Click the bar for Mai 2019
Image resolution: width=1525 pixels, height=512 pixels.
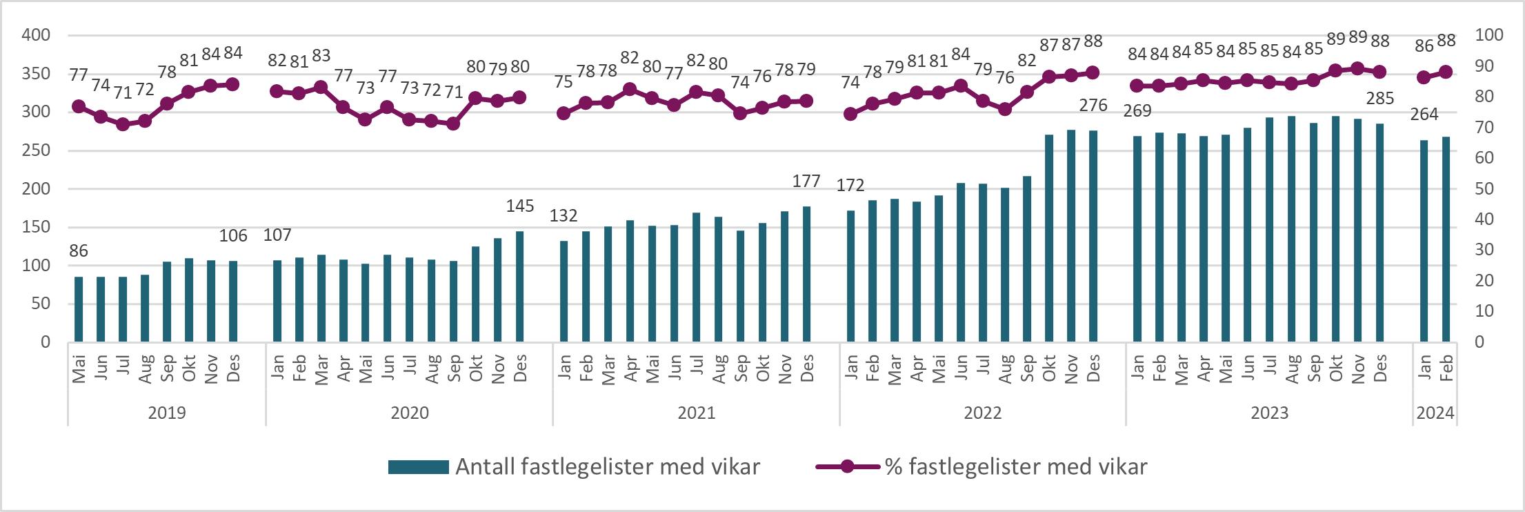79,309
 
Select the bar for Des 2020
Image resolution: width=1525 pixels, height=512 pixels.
520,286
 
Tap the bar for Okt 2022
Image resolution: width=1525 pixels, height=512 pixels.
1049,238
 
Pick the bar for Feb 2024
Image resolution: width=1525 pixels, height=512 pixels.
1446,239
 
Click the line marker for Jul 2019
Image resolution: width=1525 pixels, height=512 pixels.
123,124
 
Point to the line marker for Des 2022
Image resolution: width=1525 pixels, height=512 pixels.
1093,72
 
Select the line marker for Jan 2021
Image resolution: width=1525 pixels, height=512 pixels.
564,113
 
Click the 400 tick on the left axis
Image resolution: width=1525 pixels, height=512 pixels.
36,35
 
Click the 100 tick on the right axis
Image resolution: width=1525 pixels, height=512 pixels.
1488,35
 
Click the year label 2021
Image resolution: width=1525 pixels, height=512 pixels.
696,413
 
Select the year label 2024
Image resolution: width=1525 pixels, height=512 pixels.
1435,413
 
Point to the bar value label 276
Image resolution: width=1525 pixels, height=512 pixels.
1093,105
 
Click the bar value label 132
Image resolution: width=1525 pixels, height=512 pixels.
564,215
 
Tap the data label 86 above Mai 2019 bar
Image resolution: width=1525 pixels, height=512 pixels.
79,250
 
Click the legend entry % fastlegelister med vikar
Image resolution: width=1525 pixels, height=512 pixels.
981,467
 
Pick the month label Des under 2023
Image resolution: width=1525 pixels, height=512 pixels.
1380,368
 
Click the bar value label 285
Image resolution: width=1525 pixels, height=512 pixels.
1379,98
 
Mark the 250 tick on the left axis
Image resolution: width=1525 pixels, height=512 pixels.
36,150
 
